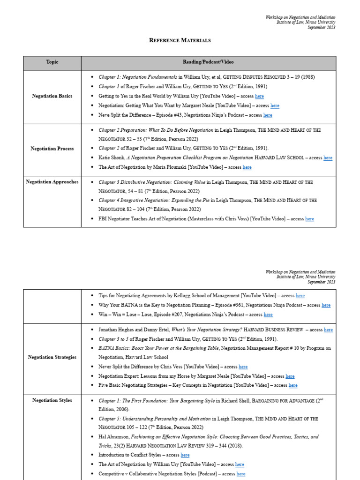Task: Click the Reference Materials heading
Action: (x=180, y=40)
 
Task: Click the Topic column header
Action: (x=52, y=62)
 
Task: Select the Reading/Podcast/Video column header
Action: (x=208, y=62)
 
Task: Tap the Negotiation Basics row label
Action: (x=52, y=96)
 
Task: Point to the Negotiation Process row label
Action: (x=52, y=149)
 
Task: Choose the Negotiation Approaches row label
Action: (x=52, y=182)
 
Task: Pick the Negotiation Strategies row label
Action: (x=52, y=357)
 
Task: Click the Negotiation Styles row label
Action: (x=52, y=400)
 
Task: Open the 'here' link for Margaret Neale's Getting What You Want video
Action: (x=275, y=106)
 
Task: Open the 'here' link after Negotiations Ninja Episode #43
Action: (x=268, y=115)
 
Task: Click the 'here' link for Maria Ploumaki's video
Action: (x=247, y=167)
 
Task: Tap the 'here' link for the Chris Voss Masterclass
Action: (x=309, y=219)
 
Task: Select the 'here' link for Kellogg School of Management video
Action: (x=300, y=296)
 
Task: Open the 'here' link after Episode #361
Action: (x=326, y=305)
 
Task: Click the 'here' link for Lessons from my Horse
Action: (x=290, y=376)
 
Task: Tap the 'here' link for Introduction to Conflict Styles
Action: (x=185, y=455)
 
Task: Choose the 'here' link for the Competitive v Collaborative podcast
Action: (x=240, y=474)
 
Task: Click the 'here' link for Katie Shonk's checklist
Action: (x=328, y=158)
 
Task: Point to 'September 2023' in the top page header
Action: (x=321, y=28)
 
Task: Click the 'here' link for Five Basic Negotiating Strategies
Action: (x=293, y=385)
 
